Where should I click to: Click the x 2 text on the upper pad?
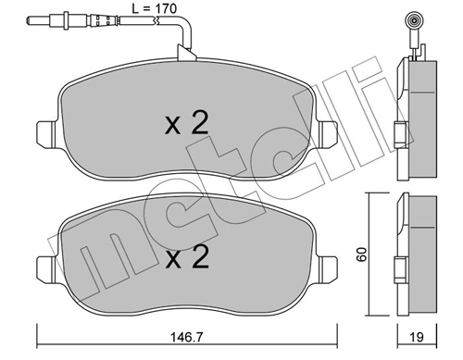coord(186,125)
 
